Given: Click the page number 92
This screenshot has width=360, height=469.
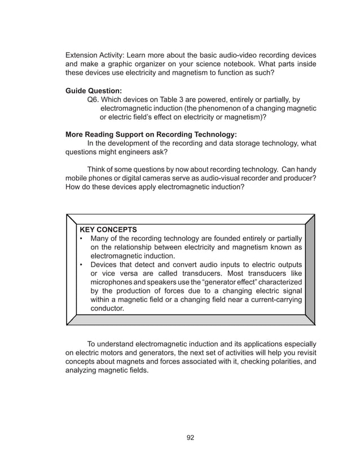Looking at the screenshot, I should coord(190,437).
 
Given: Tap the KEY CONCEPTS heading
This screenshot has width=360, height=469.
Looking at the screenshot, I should coord(108,230).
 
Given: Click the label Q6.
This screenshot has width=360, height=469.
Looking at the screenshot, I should coord(94,99).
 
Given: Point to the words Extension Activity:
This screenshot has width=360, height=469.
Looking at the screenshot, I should coord(95,56).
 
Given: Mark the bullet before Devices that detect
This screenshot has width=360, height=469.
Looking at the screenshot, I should coord(82,264).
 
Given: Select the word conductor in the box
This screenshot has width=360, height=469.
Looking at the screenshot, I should coord(107,308).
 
